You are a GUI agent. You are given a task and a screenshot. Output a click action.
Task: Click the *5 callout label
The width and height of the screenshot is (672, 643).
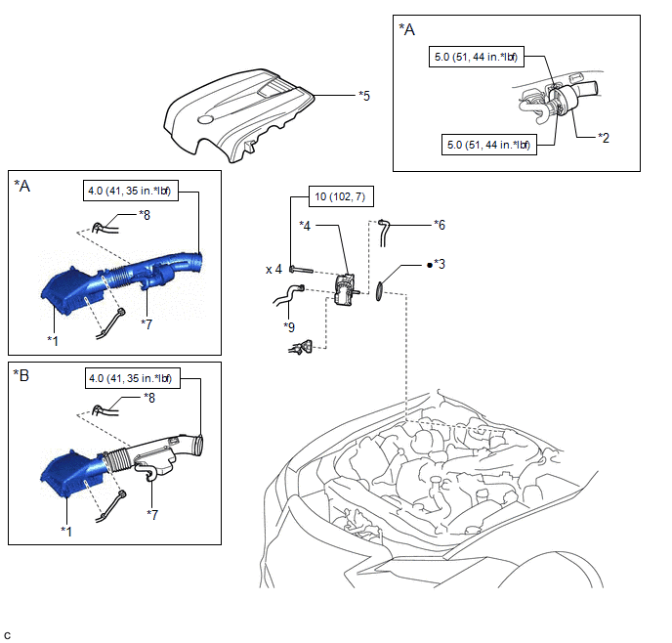click(x=364, y=96)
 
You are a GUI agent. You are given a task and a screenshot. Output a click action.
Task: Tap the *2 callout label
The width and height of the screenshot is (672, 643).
click(x=605, y=139)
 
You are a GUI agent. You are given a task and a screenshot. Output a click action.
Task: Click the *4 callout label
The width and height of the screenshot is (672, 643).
click(x=306, y=227)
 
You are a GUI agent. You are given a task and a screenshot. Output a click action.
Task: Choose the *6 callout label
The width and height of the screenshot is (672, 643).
click(x=441, y=224)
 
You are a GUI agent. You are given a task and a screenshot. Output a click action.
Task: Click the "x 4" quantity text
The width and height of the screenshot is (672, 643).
click(x=273, y=268)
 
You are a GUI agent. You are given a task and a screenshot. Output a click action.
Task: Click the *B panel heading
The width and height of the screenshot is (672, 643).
click(x=21, y=374)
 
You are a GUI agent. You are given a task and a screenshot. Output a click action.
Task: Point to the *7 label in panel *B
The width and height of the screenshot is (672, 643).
click(x=153, y=513)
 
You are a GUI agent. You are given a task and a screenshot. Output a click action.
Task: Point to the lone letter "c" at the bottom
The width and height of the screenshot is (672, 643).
click(x=7, y=634)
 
